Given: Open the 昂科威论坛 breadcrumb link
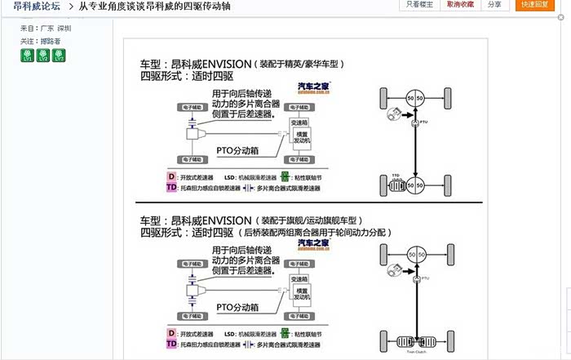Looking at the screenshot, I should [34, 7].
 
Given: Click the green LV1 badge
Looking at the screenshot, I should [26, 55].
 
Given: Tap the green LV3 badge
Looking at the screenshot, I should [58, 55].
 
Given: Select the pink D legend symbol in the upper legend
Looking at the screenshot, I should [172, 175].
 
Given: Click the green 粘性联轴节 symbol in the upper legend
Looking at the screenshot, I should [286, 175].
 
